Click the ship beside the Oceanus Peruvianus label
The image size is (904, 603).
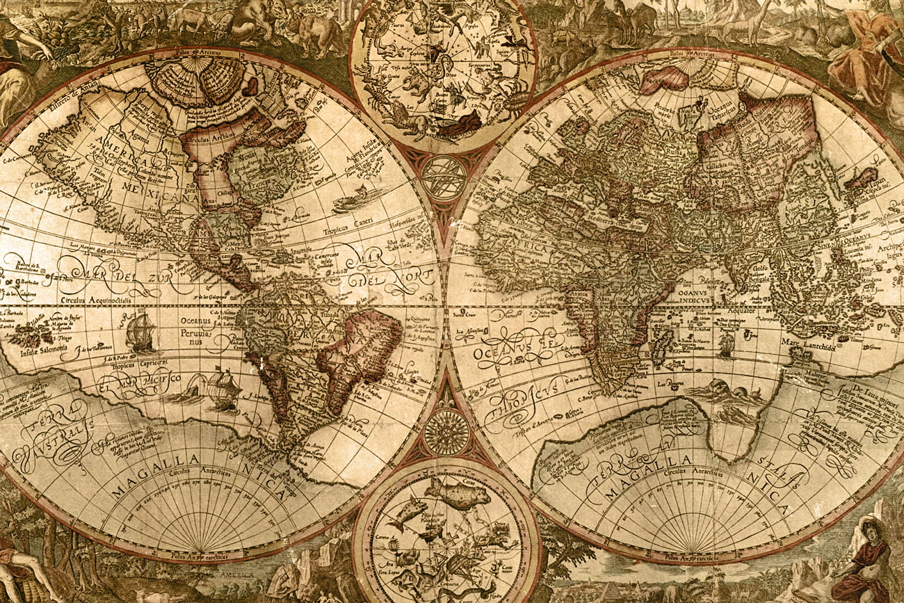[141, 332]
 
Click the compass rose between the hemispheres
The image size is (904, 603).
[446, 432]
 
